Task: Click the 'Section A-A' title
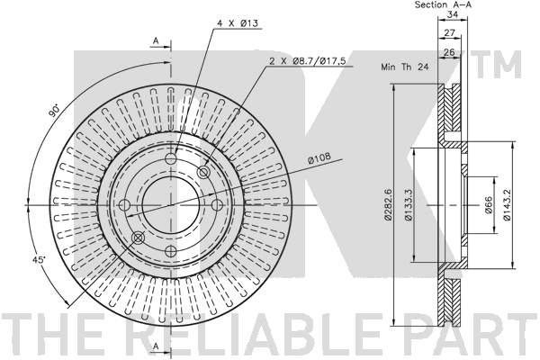(x=443, y=4)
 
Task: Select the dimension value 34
(x=452, y=14)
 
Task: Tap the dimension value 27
(x=449, y=32)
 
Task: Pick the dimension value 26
(x=449, y=52)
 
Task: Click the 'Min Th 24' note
(x=405, y=67)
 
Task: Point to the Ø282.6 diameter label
(x=388, y=204)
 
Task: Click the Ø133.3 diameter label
(x=408, y=204)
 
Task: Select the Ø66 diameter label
(x=489, y=205)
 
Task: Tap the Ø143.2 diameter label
(x=506, y=204)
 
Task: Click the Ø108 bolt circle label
(x=319, y=157)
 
